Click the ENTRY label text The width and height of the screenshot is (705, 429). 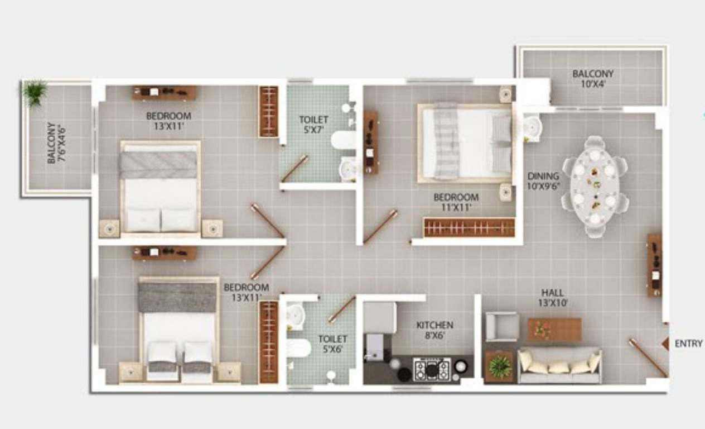688,344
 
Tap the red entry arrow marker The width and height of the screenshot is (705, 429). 665,344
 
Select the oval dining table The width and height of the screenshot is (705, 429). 595,184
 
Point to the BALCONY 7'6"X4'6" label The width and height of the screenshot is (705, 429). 56,143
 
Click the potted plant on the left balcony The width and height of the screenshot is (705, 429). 35,93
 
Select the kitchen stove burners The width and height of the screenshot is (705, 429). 431,369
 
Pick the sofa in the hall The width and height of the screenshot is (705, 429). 559,366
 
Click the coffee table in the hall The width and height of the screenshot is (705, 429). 554,330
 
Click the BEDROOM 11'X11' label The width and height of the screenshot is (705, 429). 456,202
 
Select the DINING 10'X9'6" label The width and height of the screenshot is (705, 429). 544,182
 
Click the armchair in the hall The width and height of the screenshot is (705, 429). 502,326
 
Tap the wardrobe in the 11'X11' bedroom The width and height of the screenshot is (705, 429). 469,227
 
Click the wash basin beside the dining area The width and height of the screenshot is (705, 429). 532,127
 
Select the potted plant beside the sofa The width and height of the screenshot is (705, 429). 499,366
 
